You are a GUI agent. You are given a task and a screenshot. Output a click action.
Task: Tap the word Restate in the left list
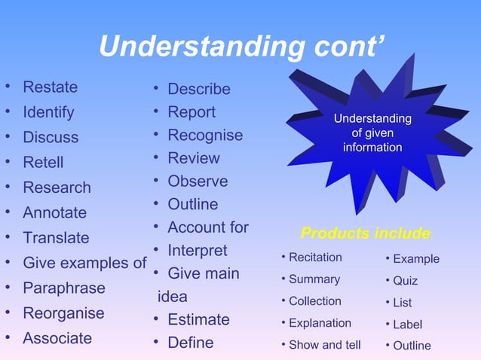tap(50, 87)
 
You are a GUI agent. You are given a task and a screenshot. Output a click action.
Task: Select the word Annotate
tap(54, 213)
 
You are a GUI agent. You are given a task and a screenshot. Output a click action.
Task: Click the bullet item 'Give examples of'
tap(84, 263)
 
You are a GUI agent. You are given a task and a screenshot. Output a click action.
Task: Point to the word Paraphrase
tap(63, 288)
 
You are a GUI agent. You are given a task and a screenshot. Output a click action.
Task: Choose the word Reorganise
tap(63, 313)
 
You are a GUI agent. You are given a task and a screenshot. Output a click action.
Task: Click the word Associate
tap(57, 338)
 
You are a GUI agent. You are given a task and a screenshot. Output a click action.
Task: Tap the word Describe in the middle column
tap(198, 89)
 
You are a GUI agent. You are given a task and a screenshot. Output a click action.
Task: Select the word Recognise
tap(205, 136)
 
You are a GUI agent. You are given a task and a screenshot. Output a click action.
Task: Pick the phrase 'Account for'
tap(207, 227)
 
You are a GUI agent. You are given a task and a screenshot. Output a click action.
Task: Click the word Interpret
tap(197, 250)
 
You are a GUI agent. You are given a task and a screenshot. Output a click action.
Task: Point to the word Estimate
tap(198, 320)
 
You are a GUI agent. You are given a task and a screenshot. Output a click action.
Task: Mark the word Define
tap(190, 343)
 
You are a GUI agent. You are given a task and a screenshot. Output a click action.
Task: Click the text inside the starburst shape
tap(372, 133)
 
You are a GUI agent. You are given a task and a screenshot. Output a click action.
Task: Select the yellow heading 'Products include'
tap(366, 233)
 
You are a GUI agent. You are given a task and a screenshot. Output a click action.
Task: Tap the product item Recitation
tap(315, 258)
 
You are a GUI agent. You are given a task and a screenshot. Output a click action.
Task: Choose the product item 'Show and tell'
tap(324, 345)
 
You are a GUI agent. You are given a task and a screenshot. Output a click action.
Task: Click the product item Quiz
tap(405, 281)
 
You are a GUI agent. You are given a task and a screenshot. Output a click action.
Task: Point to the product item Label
tap(407, 325)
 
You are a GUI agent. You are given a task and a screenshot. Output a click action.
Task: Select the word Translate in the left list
tap(56, 238)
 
